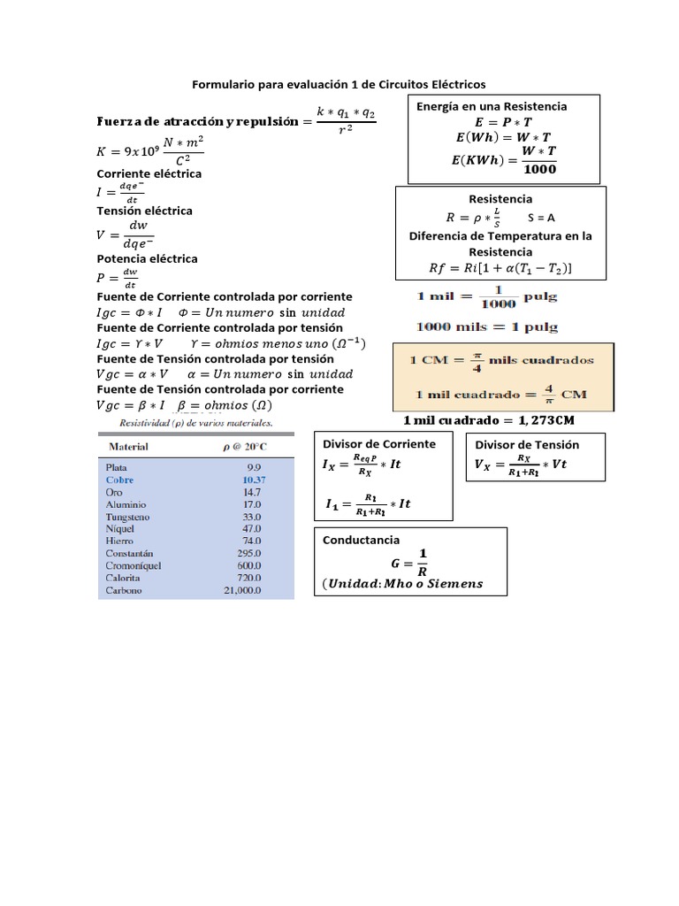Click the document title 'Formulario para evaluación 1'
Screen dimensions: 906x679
[339, 85]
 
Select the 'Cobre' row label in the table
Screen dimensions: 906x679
[119, 480]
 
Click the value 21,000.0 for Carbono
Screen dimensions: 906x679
[242, 590]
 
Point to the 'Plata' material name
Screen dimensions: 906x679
[118, 467]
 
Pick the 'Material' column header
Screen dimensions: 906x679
[126, 447]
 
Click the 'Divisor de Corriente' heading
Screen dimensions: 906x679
[379, 444]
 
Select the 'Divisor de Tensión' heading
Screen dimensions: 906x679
[527, 445]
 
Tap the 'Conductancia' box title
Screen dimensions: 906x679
[361, 540]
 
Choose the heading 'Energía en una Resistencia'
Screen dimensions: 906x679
[492, 106]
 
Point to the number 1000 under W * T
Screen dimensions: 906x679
[539, 169]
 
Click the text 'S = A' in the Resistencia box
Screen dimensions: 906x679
[541, 218]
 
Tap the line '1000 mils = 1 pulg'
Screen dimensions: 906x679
[487, 326]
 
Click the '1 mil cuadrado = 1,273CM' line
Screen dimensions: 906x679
[489, 420]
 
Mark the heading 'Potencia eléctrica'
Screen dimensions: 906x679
[147, 259]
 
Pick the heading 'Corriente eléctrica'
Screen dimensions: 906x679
[149, 173]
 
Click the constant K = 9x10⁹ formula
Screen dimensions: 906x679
[158, 151]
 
